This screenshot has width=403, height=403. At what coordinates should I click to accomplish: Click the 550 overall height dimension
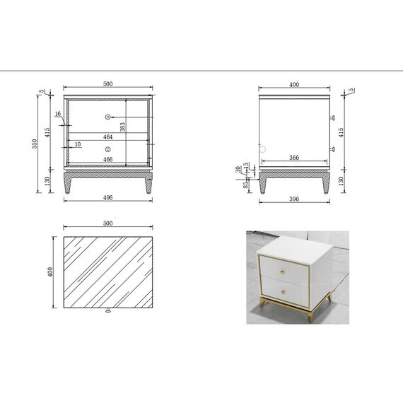[34, 144]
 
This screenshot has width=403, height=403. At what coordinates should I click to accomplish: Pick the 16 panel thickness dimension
[57, 114]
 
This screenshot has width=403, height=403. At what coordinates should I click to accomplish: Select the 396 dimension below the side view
[294, 199]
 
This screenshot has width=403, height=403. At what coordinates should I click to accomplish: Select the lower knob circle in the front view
[108, 149]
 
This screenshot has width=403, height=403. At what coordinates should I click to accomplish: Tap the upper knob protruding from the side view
[333, 117]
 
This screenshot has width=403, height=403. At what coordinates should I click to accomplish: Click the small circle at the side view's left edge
[259, 149]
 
